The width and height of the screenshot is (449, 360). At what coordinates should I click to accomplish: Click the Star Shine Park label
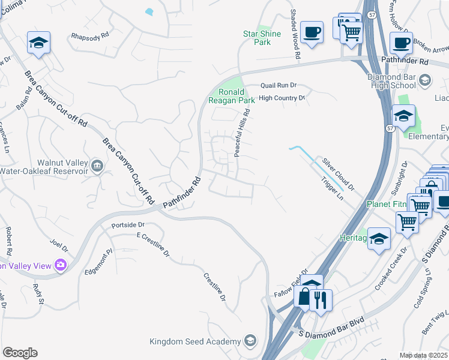pos(262,38)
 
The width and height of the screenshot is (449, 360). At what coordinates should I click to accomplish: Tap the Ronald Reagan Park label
pos(231,96)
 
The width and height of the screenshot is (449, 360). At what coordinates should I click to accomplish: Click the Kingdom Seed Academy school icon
pos(250,341)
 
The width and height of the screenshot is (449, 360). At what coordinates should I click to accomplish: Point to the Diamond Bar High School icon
pos(424,80)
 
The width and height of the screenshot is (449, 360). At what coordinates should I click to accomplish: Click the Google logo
pos(20,353)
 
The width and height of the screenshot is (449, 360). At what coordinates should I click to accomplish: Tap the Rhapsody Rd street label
pos(89,36)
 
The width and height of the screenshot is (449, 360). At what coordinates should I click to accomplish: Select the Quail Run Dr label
pos(279,86)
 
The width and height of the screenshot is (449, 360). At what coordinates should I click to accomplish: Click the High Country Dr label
pos(282,97)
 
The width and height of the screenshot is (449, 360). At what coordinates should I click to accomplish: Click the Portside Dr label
pos(128,225)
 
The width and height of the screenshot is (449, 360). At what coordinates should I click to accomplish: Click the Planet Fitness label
pos(387,204)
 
